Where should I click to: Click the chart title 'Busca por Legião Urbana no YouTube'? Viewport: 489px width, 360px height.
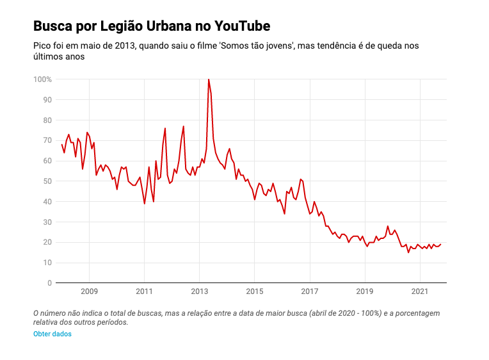[152, 26]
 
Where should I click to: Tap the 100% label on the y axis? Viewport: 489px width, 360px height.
[42, 79]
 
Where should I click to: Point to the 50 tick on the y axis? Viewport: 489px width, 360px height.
[47, 181]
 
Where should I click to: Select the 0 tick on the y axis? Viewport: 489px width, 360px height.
[49, 283]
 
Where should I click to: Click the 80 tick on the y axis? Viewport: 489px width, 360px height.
[47, 120]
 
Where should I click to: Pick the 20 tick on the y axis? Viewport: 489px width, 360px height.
[47, 242]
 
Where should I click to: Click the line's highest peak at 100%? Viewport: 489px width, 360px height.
[208, 79]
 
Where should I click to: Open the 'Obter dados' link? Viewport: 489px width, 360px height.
[52, 334]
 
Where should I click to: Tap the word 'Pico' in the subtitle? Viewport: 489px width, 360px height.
[43, 46]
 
